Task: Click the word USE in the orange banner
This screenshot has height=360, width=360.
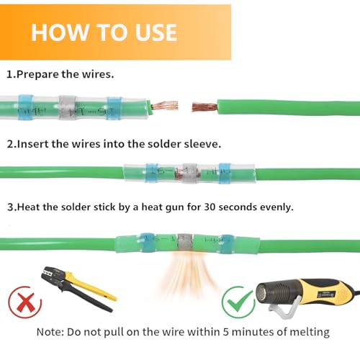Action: pyautogui.click(x=156, y=32)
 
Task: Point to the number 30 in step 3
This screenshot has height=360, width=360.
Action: pyautogui.click(x=210, y=207)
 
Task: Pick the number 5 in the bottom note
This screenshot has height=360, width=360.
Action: pyautogui.click(x=225, y=332)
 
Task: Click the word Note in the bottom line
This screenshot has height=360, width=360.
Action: pyautogui.click(x=49, y=332)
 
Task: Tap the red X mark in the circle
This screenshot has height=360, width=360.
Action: pyautogui.click(x=26, y=302)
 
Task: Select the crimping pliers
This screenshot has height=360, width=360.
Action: pyautogui.click(x=79, y=288)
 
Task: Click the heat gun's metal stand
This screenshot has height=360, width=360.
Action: pyautogui.click(x=285, y=308)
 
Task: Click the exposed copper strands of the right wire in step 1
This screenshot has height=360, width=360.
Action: pyautogui.click(x=204, y=107)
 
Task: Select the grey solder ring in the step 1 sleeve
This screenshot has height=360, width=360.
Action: pyautogui.click(x=68, y=108)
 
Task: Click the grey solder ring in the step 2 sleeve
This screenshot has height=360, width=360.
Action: pyautogui.click(x=189, y=174)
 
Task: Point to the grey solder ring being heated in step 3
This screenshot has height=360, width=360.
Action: pyautogui.click(x=185, y=243)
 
